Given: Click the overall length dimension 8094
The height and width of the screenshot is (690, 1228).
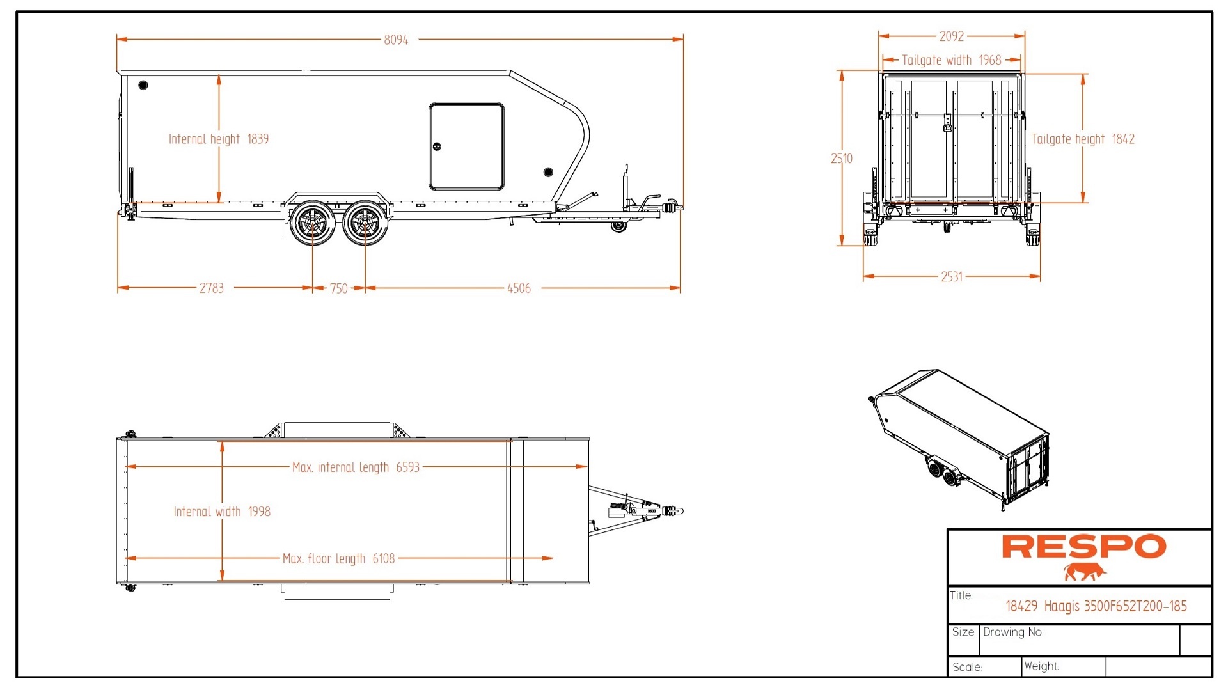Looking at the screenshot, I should pos(396,40).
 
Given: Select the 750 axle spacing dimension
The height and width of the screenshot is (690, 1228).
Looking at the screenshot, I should pos(338,288).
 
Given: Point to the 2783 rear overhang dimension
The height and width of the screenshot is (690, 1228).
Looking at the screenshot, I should pos(211,288).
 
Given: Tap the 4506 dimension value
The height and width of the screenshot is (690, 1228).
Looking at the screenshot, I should pos(519,288).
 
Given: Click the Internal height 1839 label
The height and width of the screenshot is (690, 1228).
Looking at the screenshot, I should pos(218,139).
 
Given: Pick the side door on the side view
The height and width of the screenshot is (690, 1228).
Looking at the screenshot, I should pos(466,146).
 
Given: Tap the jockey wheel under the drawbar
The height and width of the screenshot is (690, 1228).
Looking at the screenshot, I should pos(618,226).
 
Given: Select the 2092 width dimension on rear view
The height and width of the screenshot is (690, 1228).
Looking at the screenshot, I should pos(951,36).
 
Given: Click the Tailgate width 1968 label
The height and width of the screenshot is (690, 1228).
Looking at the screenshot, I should pos(951,60).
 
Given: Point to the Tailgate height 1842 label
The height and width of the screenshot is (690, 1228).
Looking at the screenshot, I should pos(1083,139).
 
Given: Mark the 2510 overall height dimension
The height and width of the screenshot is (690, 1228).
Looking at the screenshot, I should pos(842,159).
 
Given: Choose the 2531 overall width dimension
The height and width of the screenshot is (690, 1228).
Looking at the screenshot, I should pos(951,277).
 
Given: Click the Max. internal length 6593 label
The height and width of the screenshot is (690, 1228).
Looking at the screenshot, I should pos(356,467).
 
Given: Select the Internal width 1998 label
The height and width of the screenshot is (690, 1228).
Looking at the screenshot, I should pos(222,512).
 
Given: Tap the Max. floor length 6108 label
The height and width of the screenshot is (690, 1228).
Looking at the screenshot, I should pos(338,559).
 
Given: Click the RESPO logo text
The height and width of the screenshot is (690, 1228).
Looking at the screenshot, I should pos(1083,547).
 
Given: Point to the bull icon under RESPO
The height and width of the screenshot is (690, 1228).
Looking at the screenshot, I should pos(1085,572).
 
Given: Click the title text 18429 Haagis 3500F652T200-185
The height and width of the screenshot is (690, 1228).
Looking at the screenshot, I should pos(1096,606).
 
